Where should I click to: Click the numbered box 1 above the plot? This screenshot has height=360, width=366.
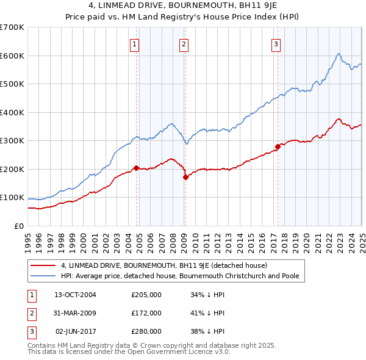point(134,43)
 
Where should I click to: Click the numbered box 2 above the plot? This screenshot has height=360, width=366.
point(184,43)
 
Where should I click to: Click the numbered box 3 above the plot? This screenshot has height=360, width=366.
point(276,43)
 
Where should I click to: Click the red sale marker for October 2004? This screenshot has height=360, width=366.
point(136,168)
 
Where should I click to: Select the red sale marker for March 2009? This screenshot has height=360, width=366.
point(185,177)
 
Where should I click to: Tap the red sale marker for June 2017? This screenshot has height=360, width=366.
point(278,146)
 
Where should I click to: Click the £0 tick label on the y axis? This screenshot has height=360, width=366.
point(19,226)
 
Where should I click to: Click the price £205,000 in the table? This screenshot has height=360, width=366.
point(146,295)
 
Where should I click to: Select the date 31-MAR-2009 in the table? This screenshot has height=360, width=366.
point(76,313)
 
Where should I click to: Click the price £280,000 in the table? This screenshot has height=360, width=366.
point(146,331)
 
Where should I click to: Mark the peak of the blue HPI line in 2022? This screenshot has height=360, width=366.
point(338,54)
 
